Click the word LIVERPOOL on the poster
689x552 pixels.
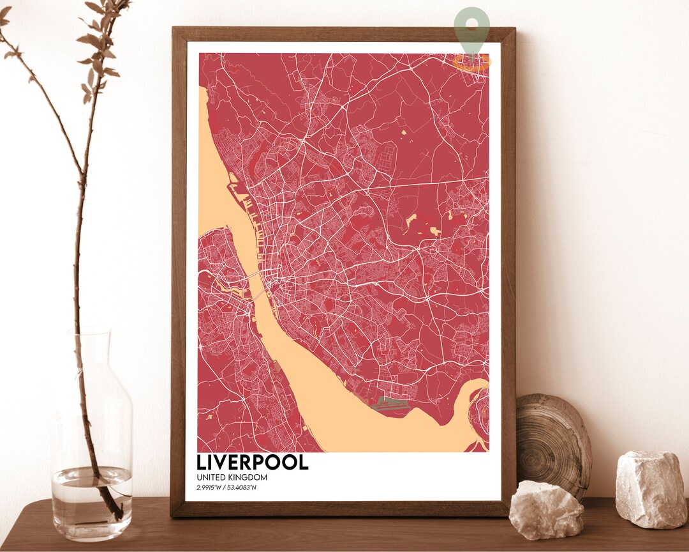(253, 462)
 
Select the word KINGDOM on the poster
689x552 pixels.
(249, 477)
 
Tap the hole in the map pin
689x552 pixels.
(472, 24)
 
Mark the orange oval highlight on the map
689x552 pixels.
(472, 61)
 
